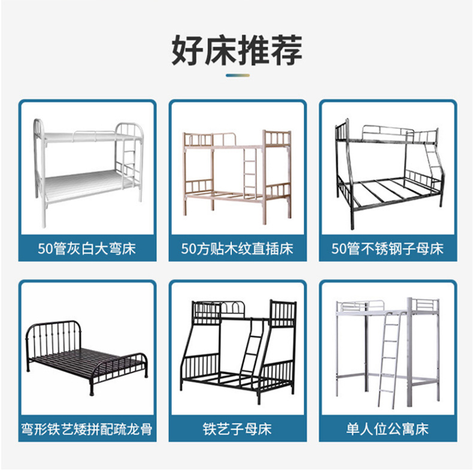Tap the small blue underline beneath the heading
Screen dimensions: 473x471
(236, 75)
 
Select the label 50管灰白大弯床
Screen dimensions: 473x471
(87, 248)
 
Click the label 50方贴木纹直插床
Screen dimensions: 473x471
(237, 248)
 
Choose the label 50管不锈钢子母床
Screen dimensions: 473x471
(387, 248)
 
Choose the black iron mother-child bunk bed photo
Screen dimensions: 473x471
(237, 350)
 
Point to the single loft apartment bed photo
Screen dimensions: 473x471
(388, 350)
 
